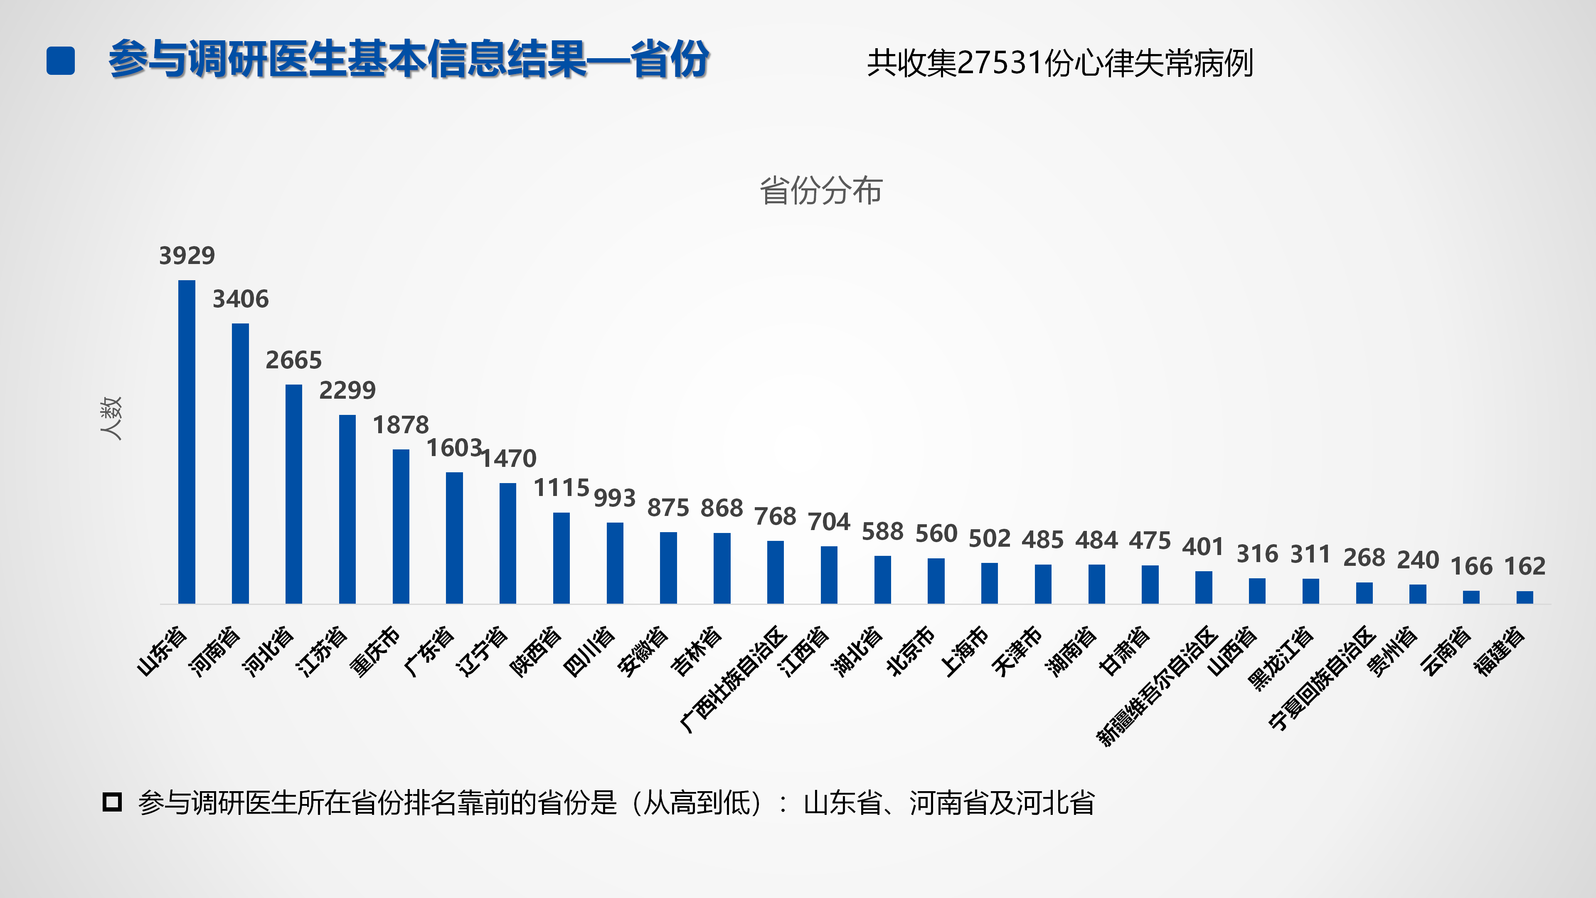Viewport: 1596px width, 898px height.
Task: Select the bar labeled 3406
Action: (240, 464)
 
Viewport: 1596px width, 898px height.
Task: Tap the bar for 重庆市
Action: (401, 526)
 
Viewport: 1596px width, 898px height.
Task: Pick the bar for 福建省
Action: (1525, 597)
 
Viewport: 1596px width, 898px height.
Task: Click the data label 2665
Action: (294, 360)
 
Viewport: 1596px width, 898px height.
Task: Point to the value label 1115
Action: (562, 488)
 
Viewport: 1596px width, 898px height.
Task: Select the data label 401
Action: (1203, 547)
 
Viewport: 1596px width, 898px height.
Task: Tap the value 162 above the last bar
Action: (1525, 566)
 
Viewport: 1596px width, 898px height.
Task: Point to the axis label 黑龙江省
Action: (1280, 658)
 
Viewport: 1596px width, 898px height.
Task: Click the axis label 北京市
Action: (911, 651)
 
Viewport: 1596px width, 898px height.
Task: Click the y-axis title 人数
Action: (111, 418)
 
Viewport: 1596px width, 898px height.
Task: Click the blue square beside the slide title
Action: (61, 61)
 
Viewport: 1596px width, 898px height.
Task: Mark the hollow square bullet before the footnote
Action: (112, 802)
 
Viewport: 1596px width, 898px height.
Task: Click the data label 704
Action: (829, 522)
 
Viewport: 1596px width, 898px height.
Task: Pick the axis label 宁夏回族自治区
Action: (1322, 678)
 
